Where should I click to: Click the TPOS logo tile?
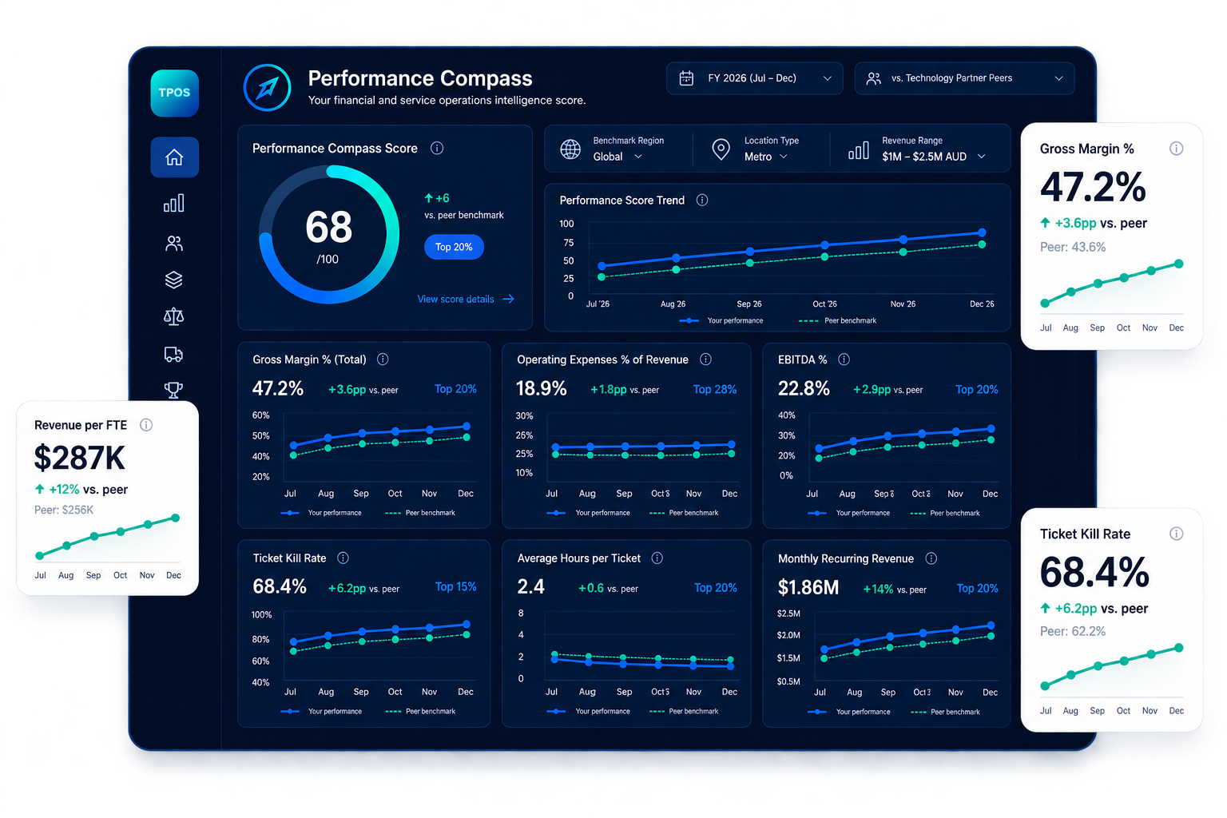174,93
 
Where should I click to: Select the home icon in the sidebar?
174,157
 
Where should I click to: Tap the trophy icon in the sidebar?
173,390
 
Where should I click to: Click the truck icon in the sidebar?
173,354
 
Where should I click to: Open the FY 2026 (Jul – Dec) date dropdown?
754,78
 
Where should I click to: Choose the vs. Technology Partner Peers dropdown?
964,78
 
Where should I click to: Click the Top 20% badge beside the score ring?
454,247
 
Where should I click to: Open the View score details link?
466,299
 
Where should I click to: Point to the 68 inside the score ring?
328,227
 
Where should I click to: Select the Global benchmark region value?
608,157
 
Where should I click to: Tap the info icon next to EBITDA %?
844,359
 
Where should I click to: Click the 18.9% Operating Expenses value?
541,388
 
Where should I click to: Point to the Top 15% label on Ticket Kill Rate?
456,587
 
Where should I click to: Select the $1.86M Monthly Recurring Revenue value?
808,587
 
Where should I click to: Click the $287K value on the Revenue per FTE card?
80,458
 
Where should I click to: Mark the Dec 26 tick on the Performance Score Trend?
982,304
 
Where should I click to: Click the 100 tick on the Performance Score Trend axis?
566,224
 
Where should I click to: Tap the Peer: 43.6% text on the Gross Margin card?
1073,247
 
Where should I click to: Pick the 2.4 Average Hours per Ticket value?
530,587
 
